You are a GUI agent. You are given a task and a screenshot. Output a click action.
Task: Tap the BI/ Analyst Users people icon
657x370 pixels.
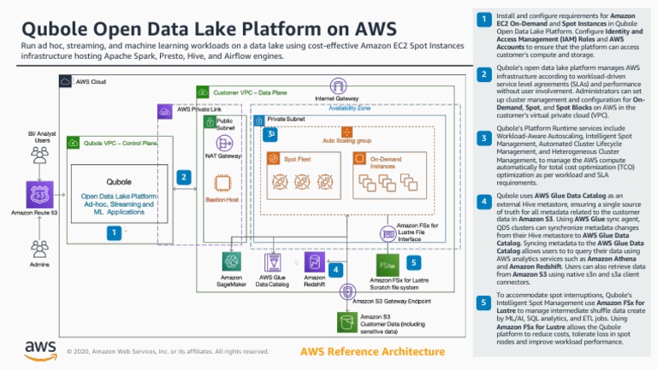click(38, 156)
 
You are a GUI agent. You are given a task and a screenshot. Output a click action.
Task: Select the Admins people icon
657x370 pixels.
click(38, 249)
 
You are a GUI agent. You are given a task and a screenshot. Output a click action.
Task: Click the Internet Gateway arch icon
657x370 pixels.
click(339, 85)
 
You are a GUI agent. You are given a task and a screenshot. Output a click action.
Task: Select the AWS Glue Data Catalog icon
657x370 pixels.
click(273, 261)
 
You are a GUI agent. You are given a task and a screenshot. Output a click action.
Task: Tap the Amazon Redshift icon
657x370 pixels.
click(314, 261)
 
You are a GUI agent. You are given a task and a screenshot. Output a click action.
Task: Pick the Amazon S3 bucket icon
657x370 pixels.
click(347, 321)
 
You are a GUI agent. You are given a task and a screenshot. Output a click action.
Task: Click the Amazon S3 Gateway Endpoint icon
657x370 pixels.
click(347, 292)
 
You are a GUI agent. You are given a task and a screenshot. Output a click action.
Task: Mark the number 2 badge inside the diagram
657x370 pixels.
click(182, 177)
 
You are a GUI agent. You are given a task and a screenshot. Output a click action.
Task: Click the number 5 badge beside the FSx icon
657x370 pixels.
click(413, 263)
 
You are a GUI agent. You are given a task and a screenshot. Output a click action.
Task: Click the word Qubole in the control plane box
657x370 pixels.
click(118, 182)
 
